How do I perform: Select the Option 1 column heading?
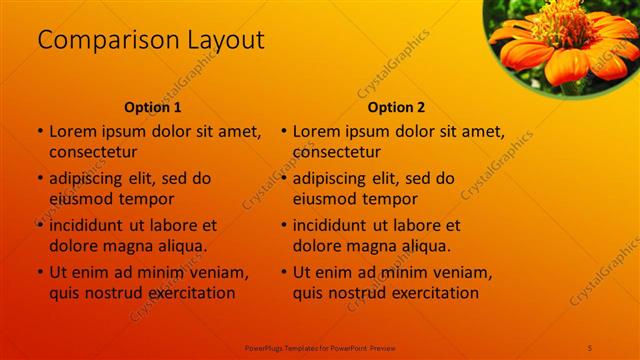tap(152, 107)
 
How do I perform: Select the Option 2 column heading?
tap(396, 107)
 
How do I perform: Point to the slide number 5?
tap(590, 346)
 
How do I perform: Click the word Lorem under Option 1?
tap(72, 131)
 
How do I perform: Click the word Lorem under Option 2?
tap(316, 131)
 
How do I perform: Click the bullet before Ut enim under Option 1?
tap(40, 272)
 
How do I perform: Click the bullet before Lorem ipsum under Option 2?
tap(284, 131)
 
